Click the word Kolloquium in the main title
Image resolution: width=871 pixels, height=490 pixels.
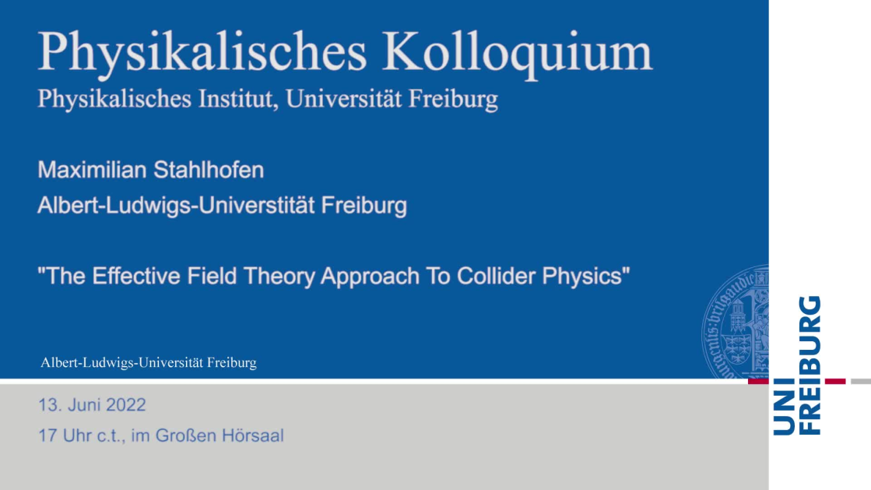(x=517, y=54)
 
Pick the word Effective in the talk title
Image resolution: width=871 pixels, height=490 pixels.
(x=136, y=276)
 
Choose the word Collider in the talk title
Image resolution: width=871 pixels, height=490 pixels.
(x=496, y=276)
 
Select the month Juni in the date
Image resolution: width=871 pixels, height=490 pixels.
(x=84, y=405)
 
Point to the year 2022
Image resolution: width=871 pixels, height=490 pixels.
(x=125, y=405)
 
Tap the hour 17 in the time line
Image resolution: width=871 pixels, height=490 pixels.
(x=47, y=435)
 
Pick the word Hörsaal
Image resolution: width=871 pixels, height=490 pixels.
(x=253, y=435)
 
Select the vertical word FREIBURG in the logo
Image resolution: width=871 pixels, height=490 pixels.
(x=810, y=365)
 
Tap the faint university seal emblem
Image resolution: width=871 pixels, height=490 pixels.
(x=736, y=322)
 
